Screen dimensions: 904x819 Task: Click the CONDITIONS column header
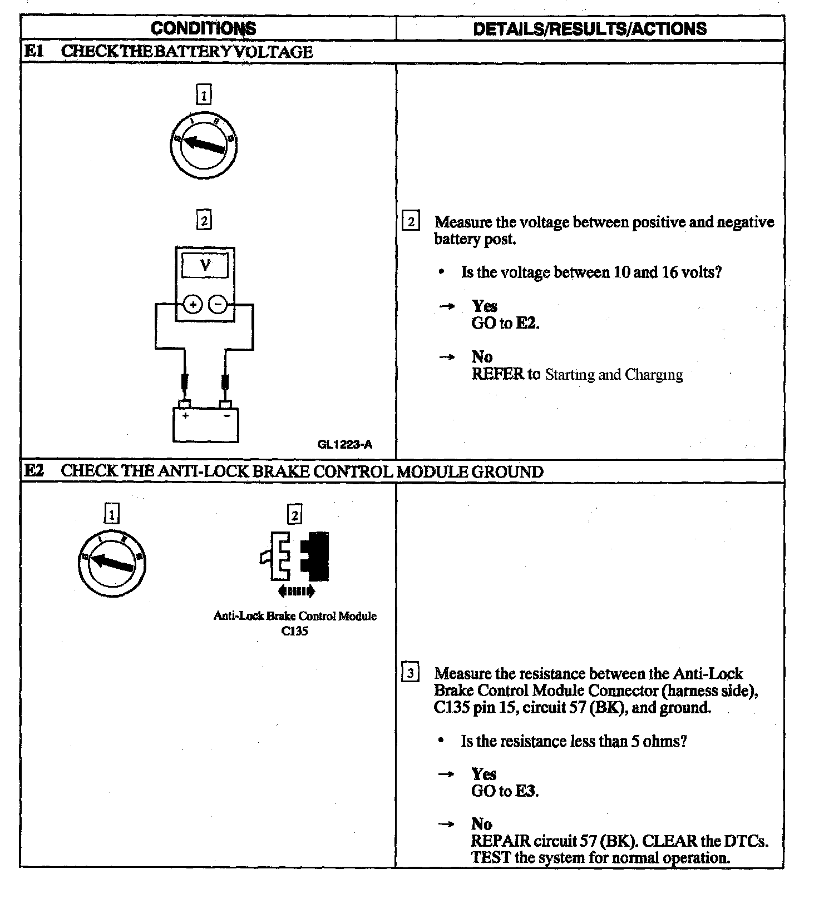coord(203,28)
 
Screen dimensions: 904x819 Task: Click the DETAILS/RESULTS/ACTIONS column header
coord(590,28)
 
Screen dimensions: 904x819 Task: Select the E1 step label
coord(33,52)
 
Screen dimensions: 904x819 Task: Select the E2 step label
coord(33,471)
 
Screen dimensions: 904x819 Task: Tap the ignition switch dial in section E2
coord(111,563)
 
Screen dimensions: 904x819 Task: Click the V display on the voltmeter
coord(205,265)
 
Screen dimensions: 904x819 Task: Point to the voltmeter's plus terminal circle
coord(193,305)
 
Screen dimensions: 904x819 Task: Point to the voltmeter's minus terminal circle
coord(218,305)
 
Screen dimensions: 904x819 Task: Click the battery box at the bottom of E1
coord(205,425)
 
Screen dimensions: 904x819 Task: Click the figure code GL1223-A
coord(345,444)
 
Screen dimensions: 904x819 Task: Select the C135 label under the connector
coord(295,631)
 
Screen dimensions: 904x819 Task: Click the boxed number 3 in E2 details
coord(411,674)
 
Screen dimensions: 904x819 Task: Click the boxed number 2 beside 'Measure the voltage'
coord(411,222)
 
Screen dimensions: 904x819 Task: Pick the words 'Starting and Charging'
coord(614,374)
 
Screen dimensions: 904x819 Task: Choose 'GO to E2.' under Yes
coord(505,323)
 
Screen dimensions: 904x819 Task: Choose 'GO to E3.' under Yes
coord(505,791)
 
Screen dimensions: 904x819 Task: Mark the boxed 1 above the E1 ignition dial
coord(204,96)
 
